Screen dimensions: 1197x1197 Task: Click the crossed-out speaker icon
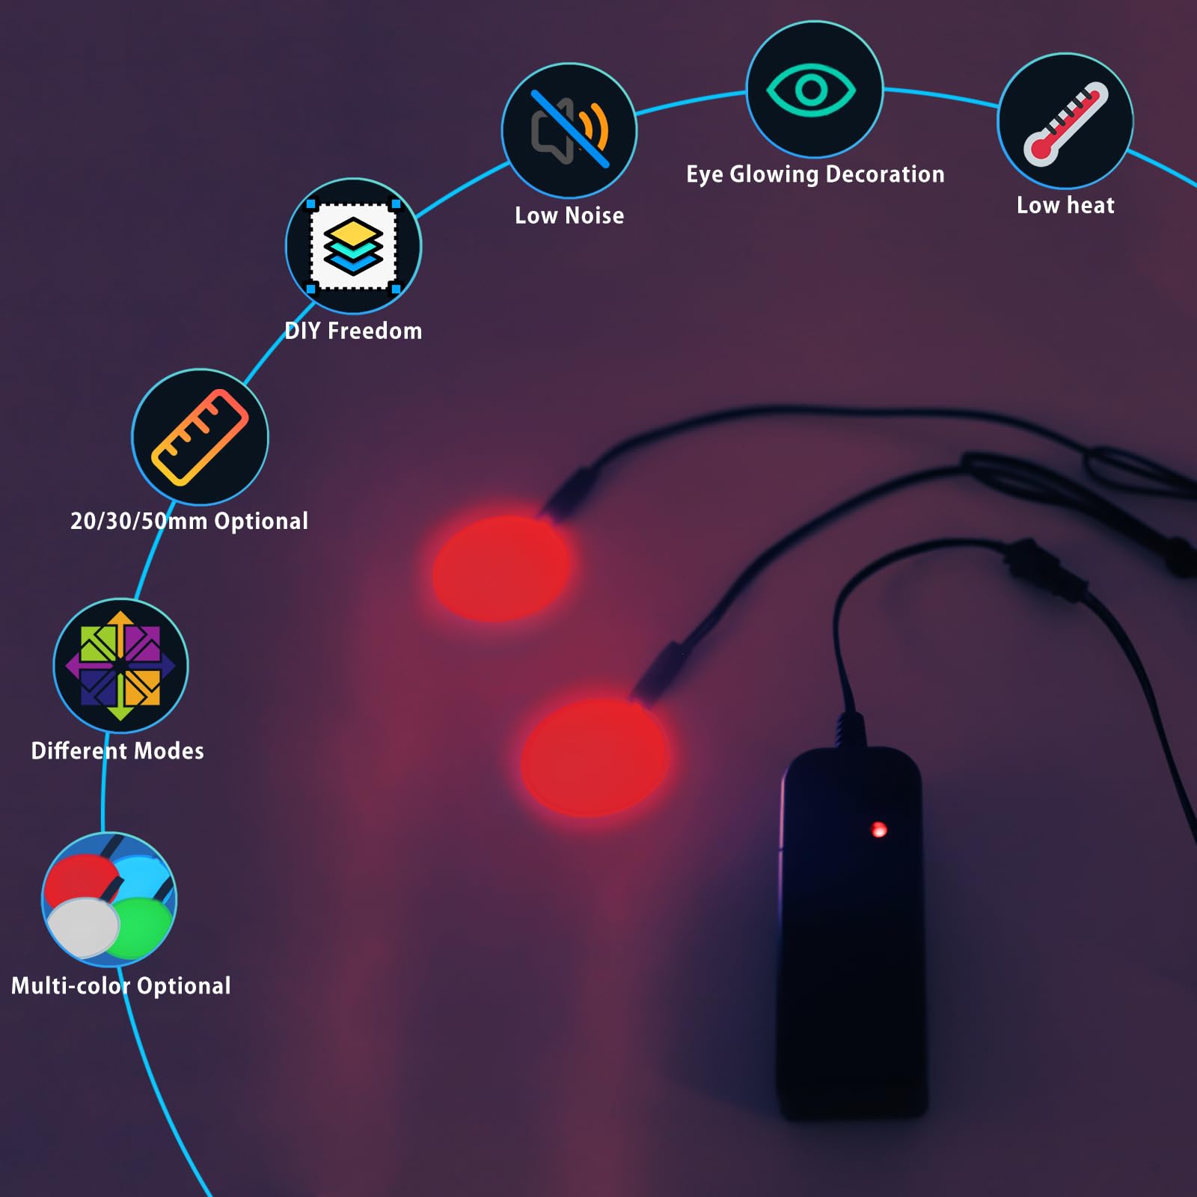[570, 129]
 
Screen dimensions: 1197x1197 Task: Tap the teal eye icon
[811, 90]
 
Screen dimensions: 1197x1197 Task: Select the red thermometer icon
[1065, 123]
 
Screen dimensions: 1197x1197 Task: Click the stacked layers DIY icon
[353, 245]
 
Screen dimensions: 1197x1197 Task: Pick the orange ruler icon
[200, 437]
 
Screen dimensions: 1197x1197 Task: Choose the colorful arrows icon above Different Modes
[120, 666]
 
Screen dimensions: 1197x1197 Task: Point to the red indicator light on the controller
[879, 829]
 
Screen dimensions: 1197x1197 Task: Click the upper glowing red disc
[501, 569]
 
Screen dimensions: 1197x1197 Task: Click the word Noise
[595, 215]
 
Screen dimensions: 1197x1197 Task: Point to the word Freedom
[375, 331]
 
